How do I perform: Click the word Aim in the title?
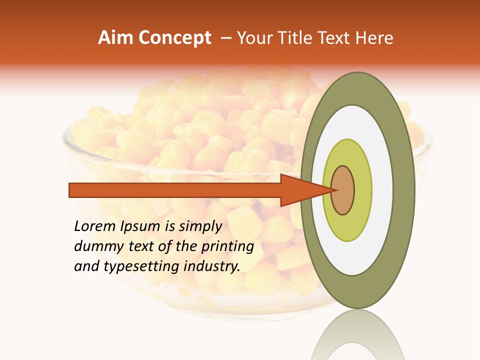click(116, 38)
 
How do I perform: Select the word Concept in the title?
click(175, 38)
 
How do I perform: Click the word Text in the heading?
click(336, 38)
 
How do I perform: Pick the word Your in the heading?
click(253, 38)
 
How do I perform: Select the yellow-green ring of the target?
click(363, 190)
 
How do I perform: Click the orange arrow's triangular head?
click(300, 190)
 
